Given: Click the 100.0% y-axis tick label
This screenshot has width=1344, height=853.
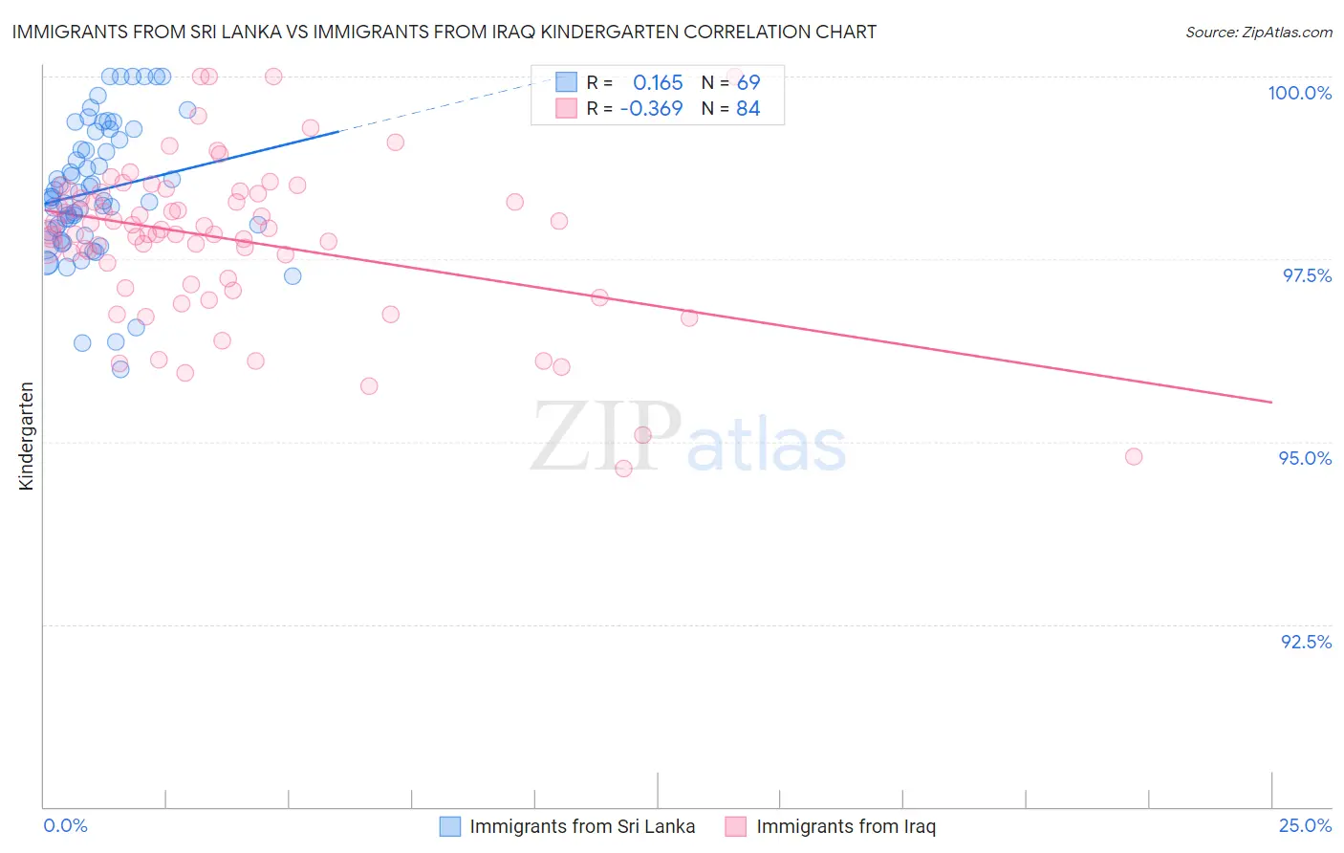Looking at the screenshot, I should [1299, 93].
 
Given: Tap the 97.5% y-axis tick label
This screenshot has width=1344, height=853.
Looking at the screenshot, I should [1307, 275].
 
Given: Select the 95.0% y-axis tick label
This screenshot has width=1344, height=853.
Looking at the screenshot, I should [1305, 458].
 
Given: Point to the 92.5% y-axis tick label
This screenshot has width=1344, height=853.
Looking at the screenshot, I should [1306, 642].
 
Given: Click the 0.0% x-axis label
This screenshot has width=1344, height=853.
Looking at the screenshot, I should [65, 825].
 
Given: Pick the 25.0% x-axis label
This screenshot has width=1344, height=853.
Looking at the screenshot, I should [1305, 825].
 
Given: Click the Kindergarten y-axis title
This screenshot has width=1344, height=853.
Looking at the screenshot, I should [26, 436].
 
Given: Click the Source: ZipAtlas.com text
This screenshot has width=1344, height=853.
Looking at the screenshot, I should [1258, 33].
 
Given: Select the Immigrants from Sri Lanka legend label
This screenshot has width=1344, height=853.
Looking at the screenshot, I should [582, 826].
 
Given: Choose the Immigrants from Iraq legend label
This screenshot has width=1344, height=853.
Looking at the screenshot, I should [846, 826].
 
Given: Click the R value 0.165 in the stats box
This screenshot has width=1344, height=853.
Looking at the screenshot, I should [658, 82].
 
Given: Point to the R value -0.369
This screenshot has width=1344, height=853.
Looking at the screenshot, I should [651, 108].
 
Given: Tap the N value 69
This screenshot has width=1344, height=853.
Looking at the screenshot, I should [748, 82].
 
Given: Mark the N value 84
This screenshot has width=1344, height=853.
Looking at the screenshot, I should [748, 108].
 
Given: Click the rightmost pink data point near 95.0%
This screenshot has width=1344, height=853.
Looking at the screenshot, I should [1134, 456].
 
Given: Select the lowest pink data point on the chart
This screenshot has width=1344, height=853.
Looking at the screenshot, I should [623, 469].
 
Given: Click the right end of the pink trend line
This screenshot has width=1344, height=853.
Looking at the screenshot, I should [1271, 403].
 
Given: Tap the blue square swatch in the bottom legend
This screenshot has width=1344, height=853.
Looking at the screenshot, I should [450, 826].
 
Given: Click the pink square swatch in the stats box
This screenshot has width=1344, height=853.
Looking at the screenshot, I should [567, 108].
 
